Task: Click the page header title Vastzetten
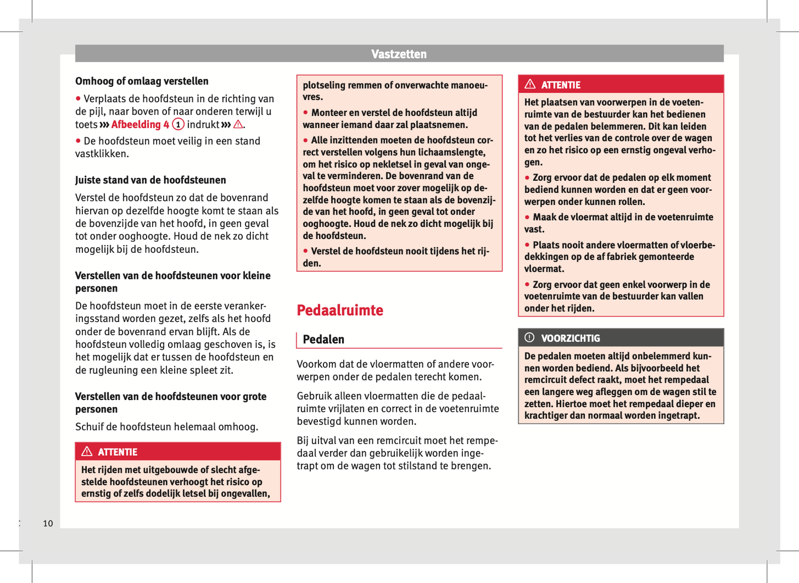click(x=399, y=54)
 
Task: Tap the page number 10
click(x=48, y=523)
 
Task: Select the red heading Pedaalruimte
click(x=340, y=310)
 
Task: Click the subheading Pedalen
click(x=323, y=340)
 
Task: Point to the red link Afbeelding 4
click(x=140, y=125)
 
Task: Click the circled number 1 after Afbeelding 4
click(x=178, y=124)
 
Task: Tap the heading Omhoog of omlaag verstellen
click(x=142, y=81)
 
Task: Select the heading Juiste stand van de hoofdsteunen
click(x=150, y=180)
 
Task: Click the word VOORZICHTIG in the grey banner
click(x=570, y=339)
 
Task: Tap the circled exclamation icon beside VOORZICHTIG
click(x=530, y=337)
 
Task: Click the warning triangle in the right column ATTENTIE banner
click(x=530, y=85)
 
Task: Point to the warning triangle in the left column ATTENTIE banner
click(x=87, y=452)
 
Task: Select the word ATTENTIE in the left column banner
click(x=117, y=452)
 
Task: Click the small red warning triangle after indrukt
click(x=238, y=125)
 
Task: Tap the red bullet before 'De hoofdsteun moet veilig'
click(x=79, y=141)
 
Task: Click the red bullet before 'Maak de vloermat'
click(x=528, y=217)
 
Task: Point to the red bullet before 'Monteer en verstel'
click(x=306, y=113)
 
